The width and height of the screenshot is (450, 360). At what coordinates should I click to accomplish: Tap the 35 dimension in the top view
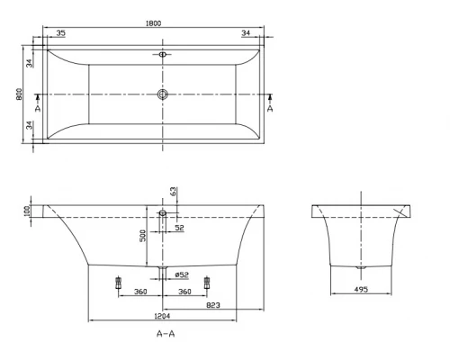pos(60,33)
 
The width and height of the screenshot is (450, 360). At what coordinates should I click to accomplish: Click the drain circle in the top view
pos(163,94)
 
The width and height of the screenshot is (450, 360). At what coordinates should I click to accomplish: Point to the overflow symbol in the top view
pos(163,55)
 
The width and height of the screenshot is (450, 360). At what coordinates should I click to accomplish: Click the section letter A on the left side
pos(37,107)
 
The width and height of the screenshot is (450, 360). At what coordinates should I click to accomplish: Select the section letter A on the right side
pos(270,107)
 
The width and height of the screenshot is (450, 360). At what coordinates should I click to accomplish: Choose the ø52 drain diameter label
pos(180,274)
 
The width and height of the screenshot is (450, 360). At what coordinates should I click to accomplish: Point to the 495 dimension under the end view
pos(361,290)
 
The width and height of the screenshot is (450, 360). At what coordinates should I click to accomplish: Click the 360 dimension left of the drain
pos(140,292)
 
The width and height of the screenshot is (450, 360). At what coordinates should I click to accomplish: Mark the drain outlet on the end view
pos(361,267)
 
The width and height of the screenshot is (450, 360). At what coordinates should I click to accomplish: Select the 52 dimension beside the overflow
pos(180,229)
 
